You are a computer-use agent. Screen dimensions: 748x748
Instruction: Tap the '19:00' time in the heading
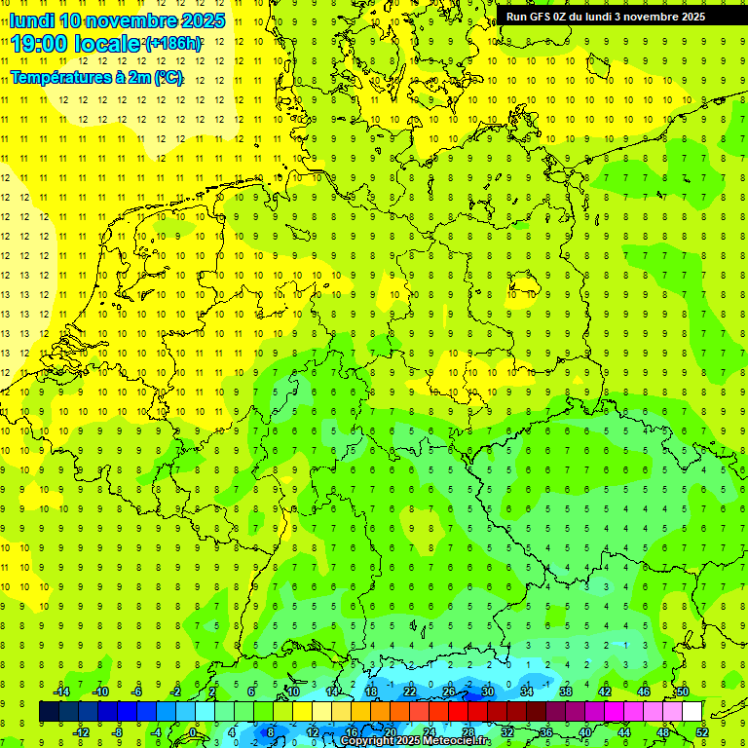[40, 44]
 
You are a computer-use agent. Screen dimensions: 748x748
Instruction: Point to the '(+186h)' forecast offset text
[173, 44]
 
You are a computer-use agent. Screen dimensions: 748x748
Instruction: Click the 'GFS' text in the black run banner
[541, 17]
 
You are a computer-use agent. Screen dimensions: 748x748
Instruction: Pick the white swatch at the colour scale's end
[692, 712]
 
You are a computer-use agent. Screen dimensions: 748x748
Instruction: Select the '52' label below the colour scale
[702, 731]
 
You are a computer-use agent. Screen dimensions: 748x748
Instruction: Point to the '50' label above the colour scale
[682, 692]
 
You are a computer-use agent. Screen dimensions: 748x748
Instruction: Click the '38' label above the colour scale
[565, 692]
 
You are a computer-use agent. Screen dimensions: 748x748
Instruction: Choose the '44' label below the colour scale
[624, 731]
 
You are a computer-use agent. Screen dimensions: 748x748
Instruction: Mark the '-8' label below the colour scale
[118, 731]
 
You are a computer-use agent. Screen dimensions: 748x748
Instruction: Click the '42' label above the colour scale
[604, 692]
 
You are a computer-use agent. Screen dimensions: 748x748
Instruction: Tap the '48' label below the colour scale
[663, 731]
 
